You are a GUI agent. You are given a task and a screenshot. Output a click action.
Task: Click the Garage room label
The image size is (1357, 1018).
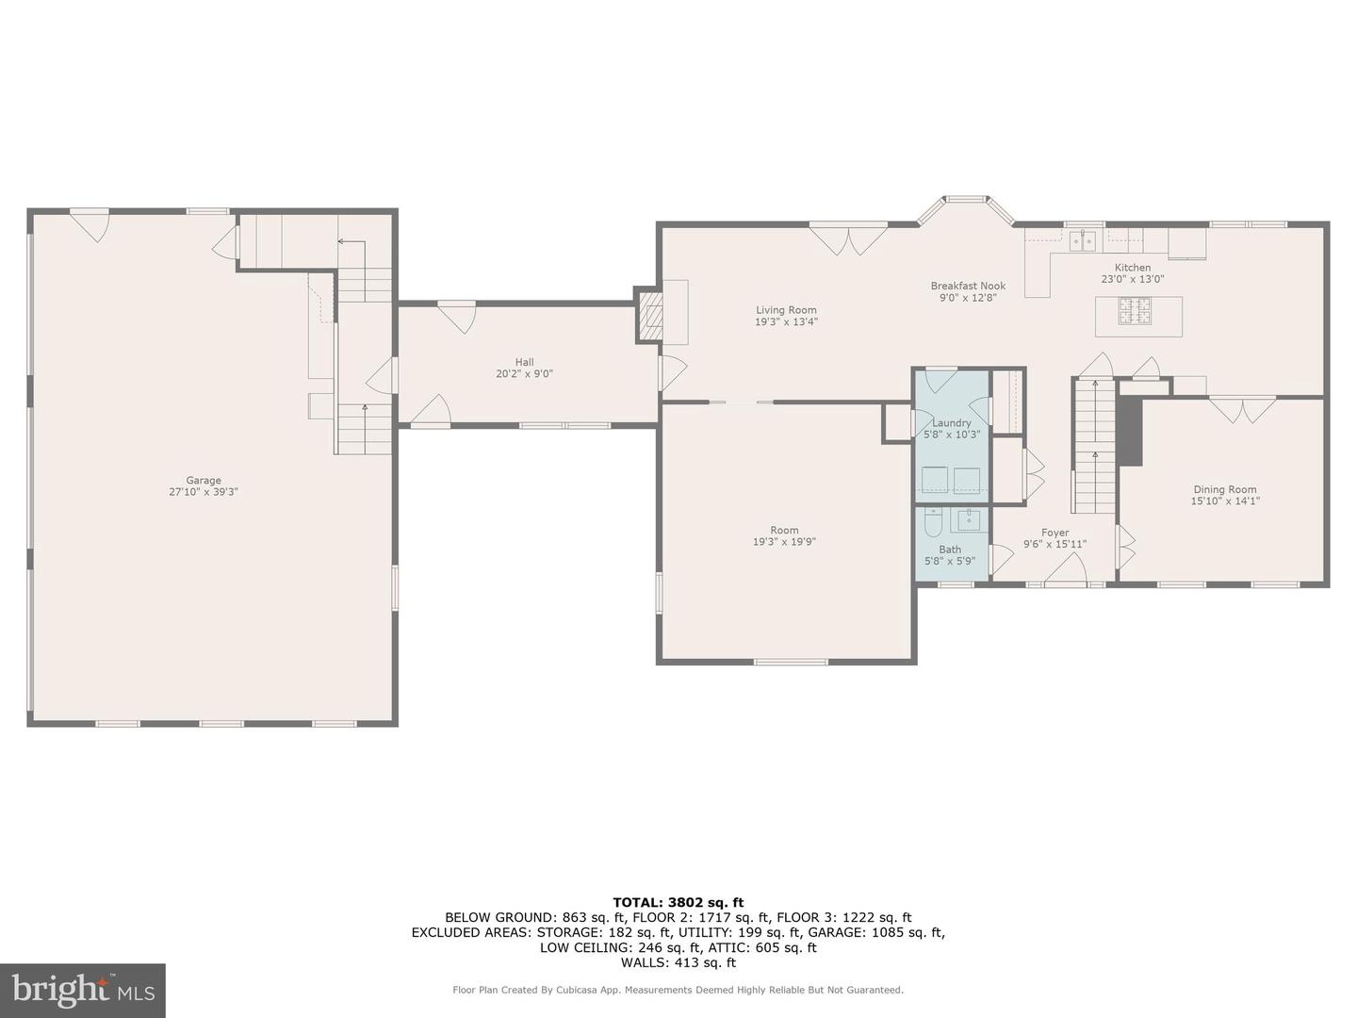(204, 481)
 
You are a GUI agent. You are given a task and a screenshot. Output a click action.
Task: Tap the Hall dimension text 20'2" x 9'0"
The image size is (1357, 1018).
(524, 374)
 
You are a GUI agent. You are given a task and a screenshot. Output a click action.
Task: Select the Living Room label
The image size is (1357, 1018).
(786, 310)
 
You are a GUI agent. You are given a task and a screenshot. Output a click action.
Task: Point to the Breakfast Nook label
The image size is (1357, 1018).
(968, 287)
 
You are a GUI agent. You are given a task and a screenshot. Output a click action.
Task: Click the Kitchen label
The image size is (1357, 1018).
(1133, 268)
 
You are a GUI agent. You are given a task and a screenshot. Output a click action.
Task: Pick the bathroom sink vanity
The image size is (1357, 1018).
(970, 520)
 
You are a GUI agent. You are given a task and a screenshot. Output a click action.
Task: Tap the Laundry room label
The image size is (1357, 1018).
(952, 423)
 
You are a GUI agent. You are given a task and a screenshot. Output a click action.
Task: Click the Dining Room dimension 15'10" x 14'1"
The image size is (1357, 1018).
(1225, 501)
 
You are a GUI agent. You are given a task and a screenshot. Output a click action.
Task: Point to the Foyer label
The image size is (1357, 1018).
(1055, 533)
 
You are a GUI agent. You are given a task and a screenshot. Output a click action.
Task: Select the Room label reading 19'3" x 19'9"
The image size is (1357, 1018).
(784, 542)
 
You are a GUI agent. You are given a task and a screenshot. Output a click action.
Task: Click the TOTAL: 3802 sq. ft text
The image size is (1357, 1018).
(678, 903)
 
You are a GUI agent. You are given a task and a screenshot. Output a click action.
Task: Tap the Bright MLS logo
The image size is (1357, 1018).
(83, 990)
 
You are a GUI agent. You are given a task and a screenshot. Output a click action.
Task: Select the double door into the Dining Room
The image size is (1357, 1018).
(1242, 410)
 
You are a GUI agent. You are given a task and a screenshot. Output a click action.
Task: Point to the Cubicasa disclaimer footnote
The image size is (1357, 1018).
(678, 990)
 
